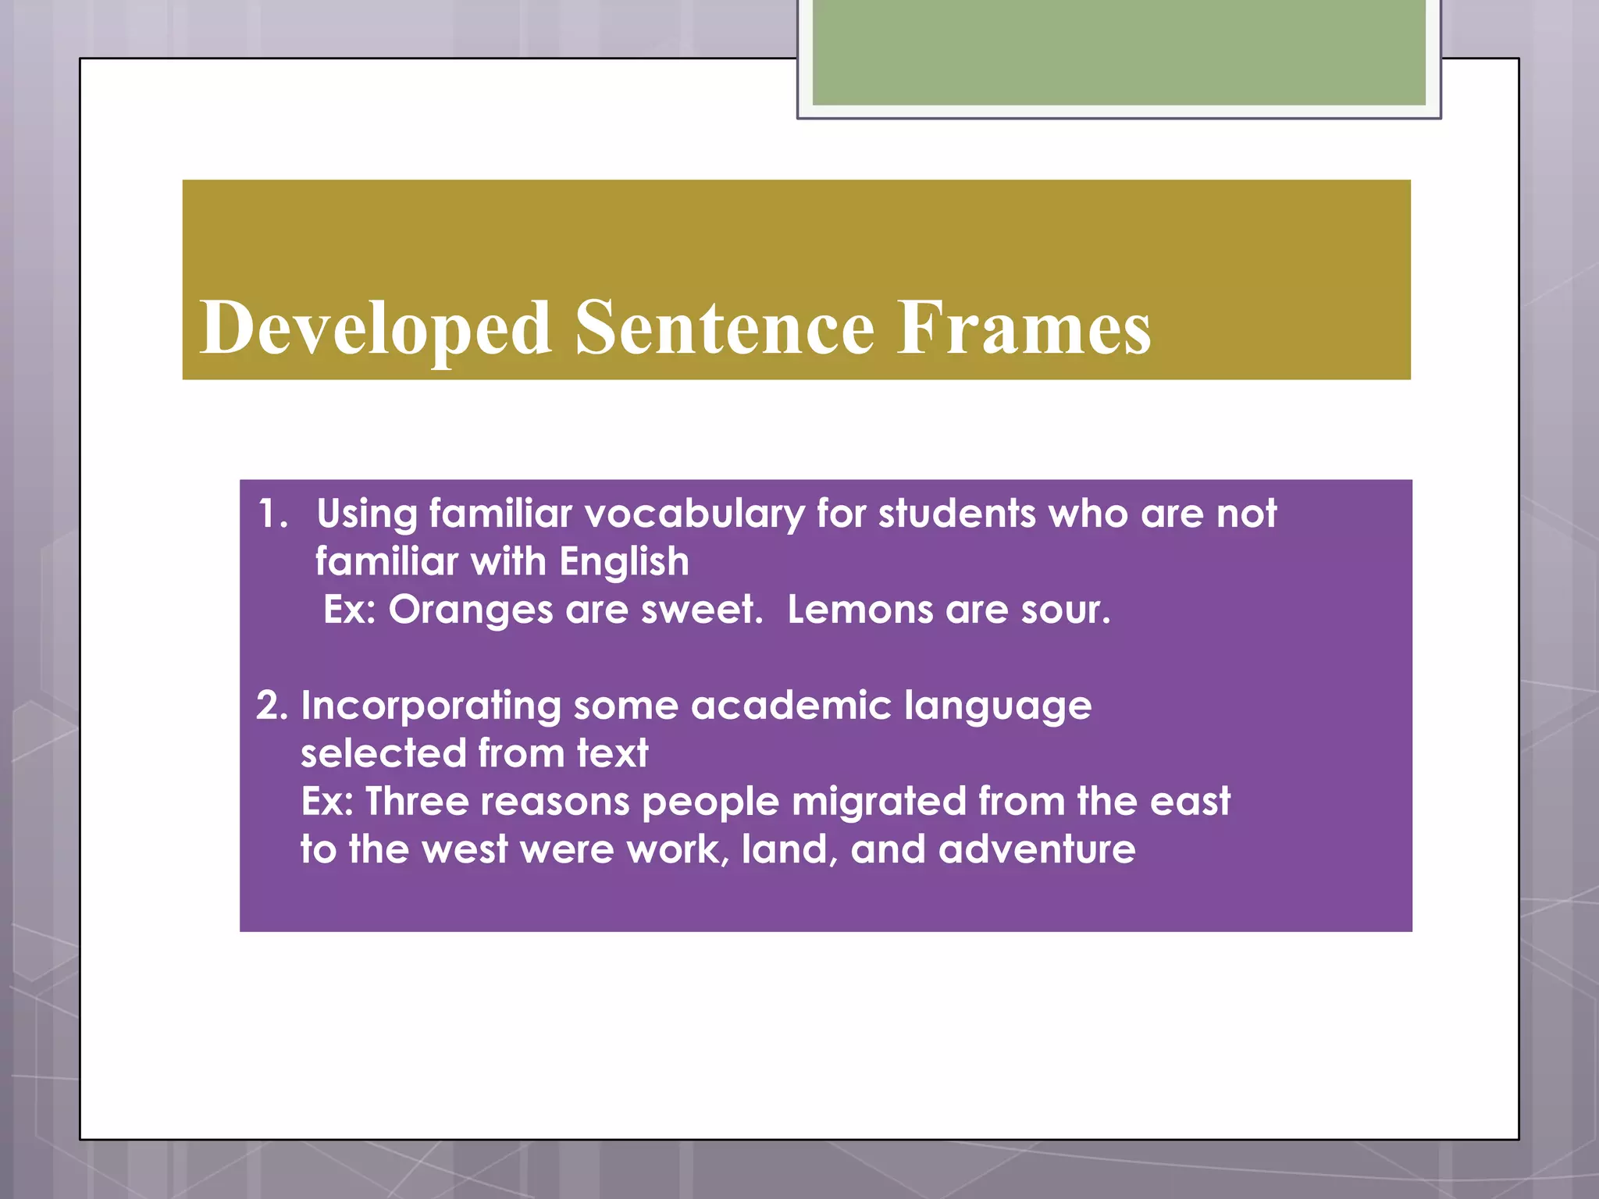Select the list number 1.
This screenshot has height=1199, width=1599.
(272, 514)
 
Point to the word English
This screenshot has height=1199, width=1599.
(624, 562)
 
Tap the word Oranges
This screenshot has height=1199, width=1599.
(471, 610)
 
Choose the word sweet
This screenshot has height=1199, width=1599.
(701, 610)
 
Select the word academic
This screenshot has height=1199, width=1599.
(790, 706)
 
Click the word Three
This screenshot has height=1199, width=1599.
(416, 802)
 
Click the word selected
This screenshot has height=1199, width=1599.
(383, 753)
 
